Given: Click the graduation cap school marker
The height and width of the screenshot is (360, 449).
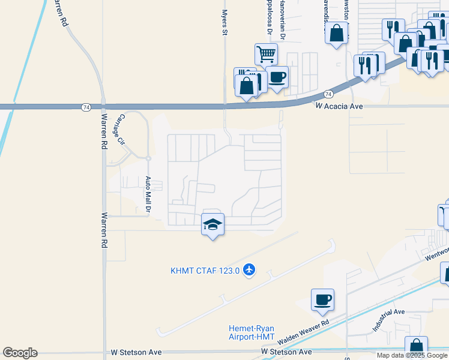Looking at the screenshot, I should pos(212,225).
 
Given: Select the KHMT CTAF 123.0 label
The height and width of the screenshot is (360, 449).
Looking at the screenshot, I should pos(205,271).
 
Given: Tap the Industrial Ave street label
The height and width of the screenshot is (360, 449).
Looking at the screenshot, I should pos(388,321).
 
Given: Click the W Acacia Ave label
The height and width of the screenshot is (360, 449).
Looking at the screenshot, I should pos(340,106).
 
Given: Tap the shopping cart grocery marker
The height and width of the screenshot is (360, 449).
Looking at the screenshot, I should pos(266,55).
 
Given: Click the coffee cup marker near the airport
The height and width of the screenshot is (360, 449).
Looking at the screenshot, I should pos(322,299).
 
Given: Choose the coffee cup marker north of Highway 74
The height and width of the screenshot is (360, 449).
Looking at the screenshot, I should pos(277,77).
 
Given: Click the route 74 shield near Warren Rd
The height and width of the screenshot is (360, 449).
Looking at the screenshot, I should pos(86,107).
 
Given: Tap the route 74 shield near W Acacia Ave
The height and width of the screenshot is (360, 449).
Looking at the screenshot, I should pos(328,94).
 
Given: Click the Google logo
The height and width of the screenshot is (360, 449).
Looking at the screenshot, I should pos(20,352).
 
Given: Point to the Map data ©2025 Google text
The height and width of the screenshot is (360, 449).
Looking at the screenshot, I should pos(412,355).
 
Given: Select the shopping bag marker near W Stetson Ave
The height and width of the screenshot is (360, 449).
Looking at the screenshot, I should pos(416,347).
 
